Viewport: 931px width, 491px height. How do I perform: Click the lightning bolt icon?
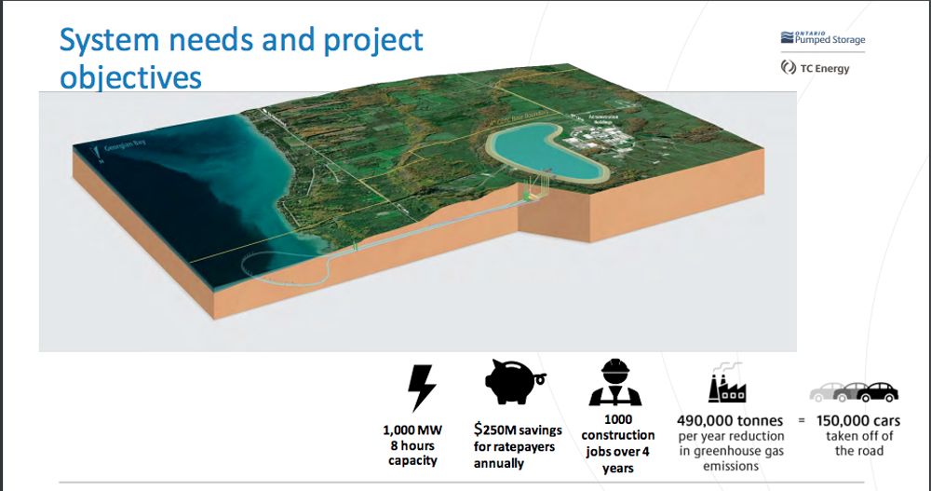pos(422,386)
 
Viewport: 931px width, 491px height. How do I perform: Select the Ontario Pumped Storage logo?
pos(816,38)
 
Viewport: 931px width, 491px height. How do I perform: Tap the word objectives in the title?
pos(130,77)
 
